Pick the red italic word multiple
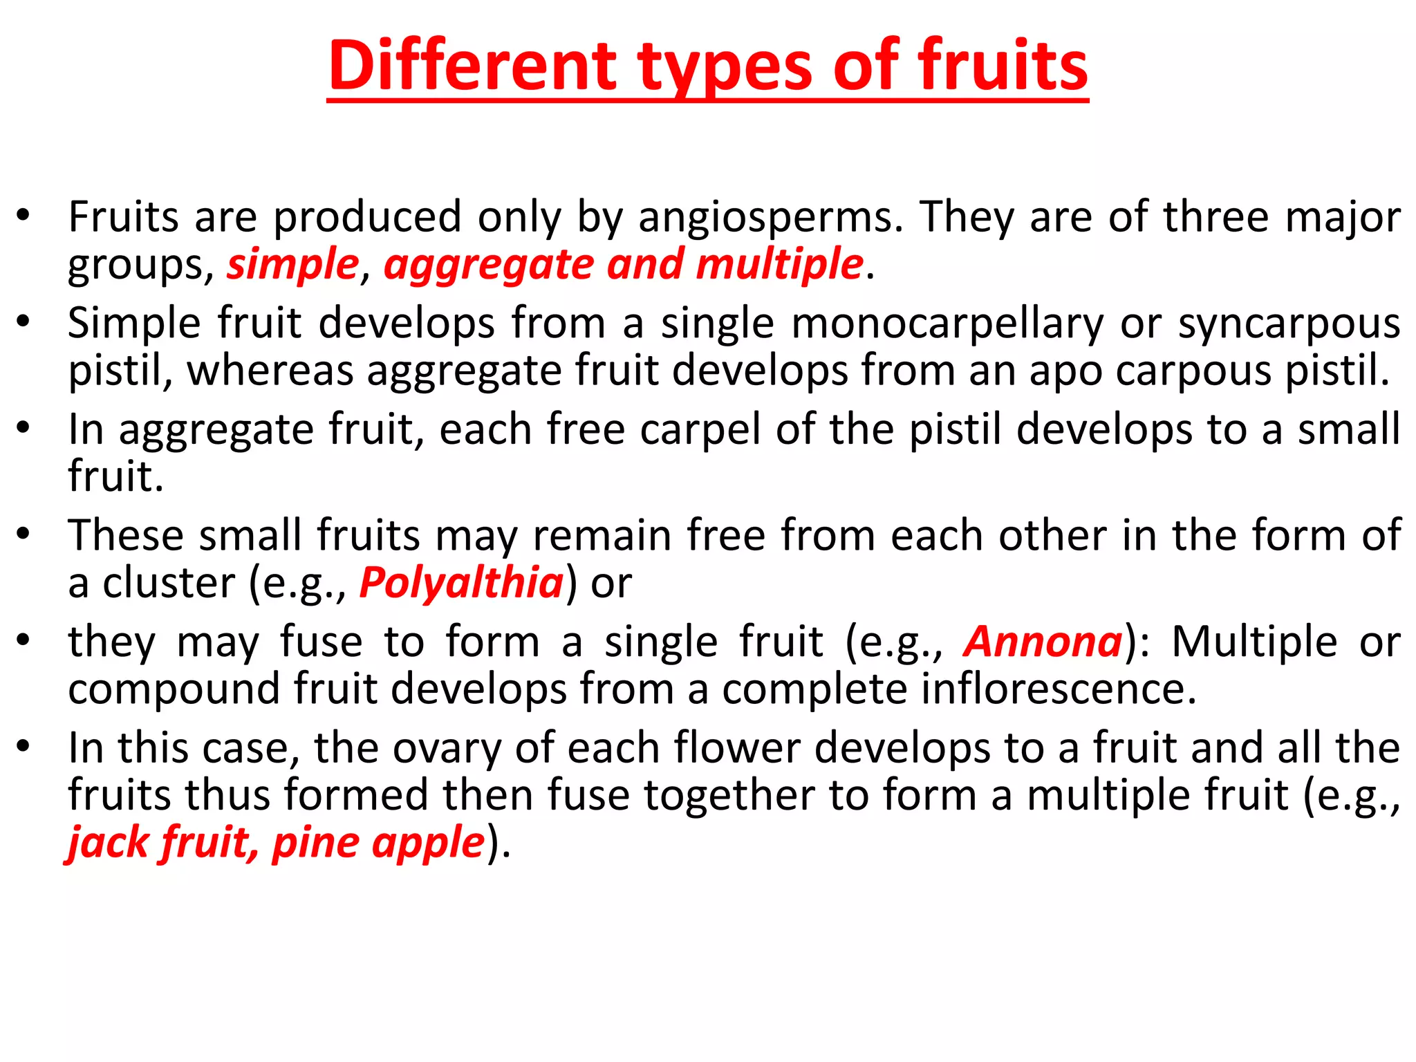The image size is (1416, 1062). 779,264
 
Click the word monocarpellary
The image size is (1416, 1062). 947,324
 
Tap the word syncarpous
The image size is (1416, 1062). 1289,324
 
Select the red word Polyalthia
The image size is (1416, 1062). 462,583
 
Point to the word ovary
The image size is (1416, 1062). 447,748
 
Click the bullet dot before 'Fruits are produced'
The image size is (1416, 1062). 24,216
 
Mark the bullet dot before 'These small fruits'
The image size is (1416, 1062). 24,534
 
